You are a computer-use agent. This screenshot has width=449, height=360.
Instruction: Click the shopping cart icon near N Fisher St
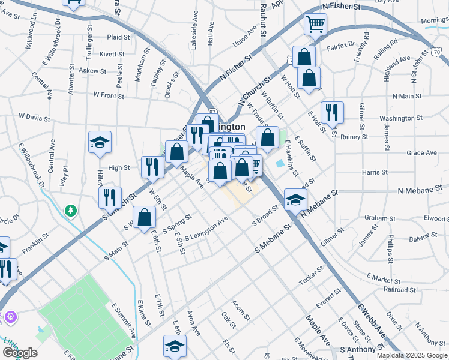click(x=315, y=25)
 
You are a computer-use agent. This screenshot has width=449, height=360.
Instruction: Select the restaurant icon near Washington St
click(x=331, y=112)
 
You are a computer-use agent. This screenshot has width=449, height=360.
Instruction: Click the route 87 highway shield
click(x=212, y=112)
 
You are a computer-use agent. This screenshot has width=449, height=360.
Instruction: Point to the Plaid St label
click(x=118, y=37)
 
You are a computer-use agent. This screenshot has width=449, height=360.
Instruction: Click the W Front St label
click(x=109, y=95)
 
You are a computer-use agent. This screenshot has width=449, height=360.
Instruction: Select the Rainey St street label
click(x=354, y=137)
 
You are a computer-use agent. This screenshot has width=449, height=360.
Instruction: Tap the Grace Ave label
click(x=421, y=153)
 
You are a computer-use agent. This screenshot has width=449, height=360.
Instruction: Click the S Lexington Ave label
click(x=206, y=230)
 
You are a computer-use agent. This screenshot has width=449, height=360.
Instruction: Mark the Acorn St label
click(x=240, y=310)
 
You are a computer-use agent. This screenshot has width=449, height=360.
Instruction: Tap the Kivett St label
click(x=112, y=54)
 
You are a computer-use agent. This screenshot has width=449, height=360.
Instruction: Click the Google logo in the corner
click(x=20, y=353)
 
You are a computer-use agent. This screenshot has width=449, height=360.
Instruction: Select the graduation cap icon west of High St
click(x=100, y=142)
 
